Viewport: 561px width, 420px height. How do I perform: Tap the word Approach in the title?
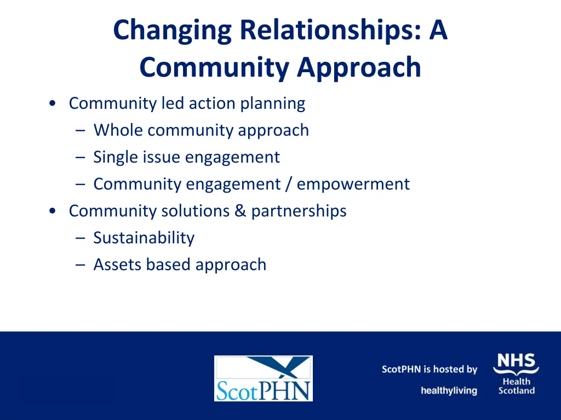[x=359, y=68]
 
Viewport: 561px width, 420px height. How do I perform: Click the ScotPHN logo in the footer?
[x=263, y=378]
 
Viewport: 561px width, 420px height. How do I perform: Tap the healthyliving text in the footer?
[x=449, y=390]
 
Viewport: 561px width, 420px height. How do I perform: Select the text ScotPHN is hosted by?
[x=430, y=369]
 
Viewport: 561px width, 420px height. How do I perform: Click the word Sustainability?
[x=144, y=238]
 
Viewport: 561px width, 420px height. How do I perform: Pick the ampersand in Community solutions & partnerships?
[x=241, y=211]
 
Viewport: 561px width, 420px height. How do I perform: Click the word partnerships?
[x=299, y=211]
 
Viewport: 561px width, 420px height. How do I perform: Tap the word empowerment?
[x=353, y=184]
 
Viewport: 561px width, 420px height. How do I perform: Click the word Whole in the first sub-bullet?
[x=118, y=130]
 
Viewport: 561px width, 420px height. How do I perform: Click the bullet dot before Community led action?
[x=51, y=103]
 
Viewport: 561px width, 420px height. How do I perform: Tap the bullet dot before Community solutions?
[x=51, y=211]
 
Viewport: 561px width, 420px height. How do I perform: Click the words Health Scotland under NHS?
[x=517, y=386]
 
